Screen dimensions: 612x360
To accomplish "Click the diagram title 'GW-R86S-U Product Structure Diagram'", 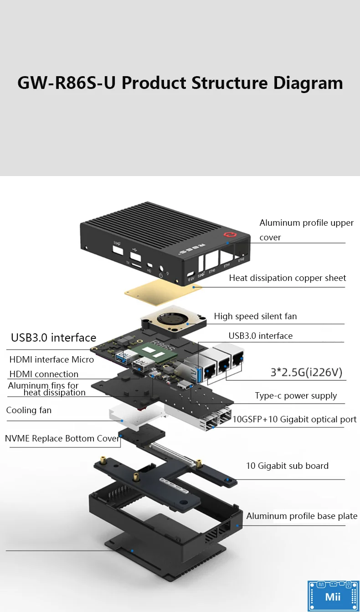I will [180, 83].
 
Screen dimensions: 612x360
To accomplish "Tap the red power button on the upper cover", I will [229, 235].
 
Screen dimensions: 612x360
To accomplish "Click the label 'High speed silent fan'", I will [255, 316].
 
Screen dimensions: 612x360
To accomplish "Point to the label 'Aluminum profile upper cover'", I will [306, 229].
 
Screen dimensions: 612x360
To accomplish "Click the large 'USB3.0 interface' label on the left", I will [54, 337].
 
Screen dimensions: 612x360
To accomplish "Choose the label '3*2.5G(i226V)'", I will [306, 373].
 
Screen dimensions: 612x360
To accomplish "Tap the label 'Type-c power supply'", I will [296, 395].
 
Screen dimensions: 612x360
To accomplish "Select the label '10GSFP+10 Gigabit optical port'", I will [294, 419].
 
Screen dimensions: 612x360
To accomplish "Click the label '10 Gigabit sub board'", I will [287, 466].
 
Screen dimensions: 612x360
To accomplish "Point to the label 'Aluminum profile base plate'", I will [302, 516].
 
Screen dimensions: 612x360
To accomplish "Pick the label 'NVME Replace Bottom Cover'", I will [62, 439].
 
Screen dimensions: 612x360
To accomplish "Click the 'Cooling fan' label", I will [29, 410].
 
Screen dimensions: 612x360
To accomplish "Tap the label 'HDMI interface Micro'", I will [51, 359].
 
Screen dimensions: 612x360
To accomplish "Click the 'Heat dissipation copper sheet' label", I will [287, 278].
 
